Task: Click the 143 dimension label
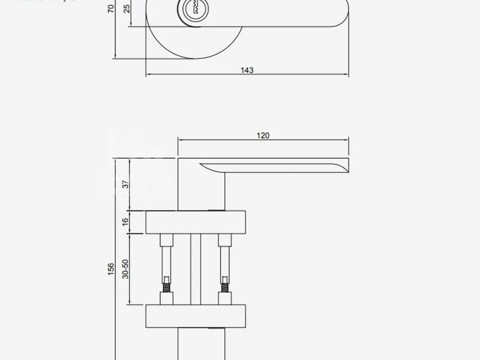pyautogui.click(x=247, y=70)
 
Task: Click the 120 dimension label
pyautogui.click(x=263, y=136)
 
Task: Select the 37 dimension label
pyautogui.click(x=125, y=184)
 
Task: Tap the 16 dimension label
pyautogui.click(x=125, y=221)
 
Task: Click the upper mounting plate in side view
pyautogui.click(x=196, y=222)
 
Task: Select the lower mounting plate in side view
pyautogui.click(x=196, y=316)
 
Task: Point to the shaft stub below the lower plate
pyautogui.click(x=201, y=345)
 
